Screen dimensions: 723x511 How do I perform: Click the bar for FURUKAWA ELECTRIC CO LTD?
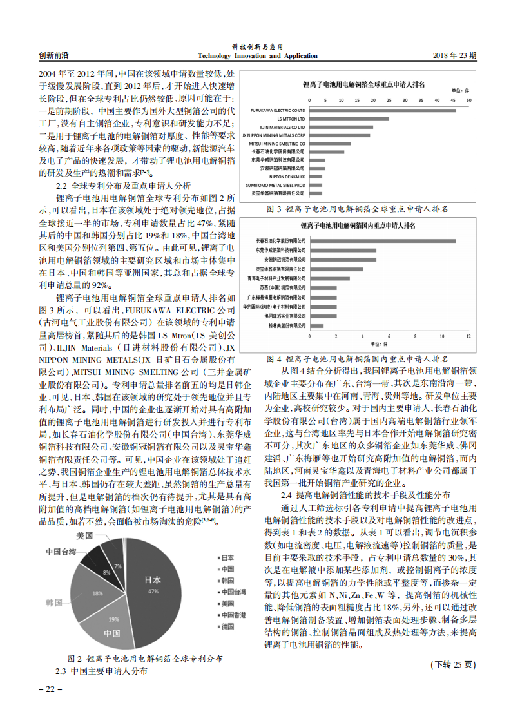point(382,110)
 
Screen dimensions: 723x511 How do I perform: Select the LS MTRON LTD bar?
point(349,119)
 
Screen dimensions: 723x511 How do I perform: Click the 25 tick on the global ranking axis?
point(389,101)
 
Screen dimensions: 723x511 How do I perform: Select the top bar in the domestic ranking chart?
point(383,241)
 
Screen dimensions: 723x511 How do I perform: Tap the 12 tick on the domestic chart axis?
point(468,336)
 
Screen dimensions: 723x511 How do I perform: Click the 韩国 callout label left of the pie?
point(54,602)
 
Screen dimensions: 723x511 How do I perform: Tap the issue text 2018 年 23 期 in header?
point(454,56)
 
